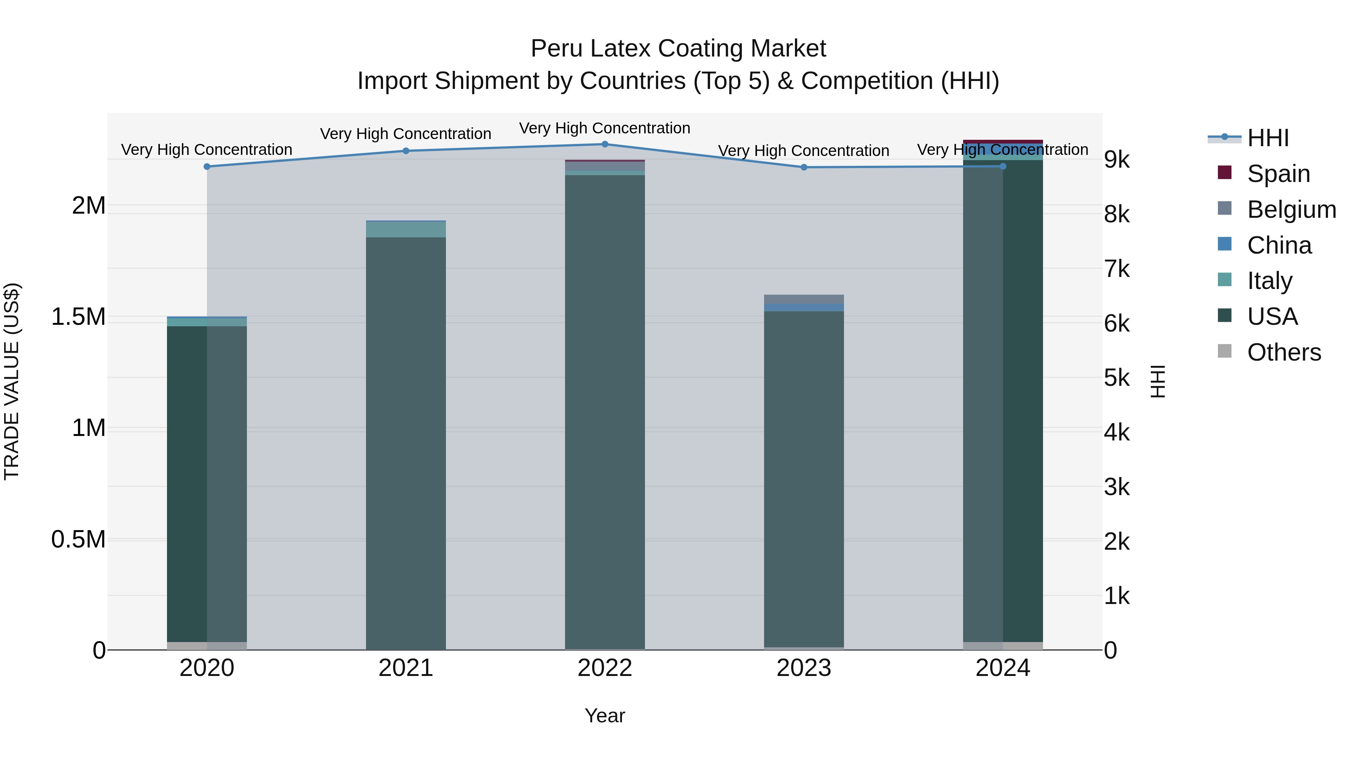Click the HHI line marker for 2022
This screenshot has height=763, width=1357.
pos(605,144)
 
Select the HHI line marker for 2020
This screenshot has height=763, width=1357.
pos(207,167)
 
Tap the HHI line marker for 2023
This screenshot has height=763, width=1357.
pos(804,167)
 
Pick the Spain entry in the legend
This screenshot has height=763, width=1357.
pos(1278,174)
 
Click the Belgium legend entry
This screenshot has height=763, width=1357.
pos(1291,209)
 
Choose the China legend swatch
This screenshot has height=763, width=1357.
pos(1225,244)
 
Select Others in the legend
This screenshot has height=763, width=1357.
pos(1284,352)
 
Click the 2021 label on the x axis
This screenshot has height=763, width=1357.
pos(406,668)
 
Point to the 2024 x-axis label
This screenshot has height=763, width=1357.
pos(1002,668)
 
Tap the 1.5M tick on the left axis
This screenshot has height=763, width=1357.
pos(78,317)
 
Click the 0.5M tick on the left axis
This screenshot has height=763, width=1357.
pos(78,540)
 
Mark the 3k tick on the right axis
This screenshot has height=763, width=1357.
pos(1117,487)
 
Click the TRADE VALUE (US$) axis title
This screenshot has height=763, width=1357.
pos(12,381)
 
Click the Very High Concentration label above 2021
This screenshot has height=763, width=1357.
pos(406,134)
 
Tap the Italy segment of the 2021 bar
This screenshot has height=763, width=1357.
pos(406,229)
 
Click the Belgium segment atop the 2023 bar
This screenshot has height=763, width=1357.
pos(804,299)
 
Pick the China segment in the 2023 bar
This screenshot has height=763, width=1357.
pos(804,307)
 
